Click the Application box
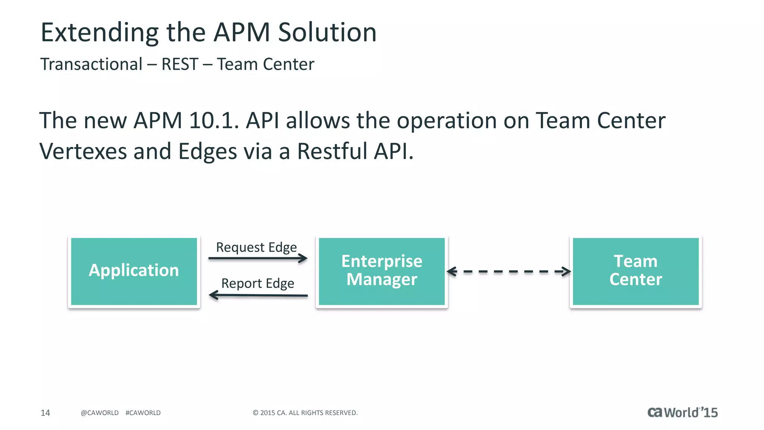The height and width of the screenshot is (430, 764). (x=134, y=271)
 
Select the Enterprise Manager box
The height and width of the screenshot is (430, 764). (x=382, y=271)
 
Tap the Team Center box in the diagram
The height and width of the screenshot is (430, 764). (x=636, y=271)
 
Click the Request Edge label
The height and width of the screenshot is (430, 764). (x=256, y=247)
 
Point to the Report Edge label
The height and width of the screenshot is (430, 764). (x=257, y=283)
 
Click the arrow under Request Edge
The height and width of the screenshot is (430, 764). (x=257, y=258)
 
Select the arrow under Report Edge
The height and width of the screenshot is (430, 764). (x=258, y=295)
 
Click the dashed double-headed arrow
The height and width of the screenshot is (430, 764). (x=508, y=271)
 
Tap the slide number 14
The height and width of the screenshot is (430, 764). (x=45, y=413)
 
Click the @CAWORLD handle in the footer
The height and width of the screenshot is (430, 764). (x=100, y=413)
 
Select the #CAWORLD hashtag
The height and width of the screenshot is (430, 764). (x=143, y=413)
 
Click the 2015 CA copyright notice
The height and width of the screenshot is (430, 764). (x=305, y=413)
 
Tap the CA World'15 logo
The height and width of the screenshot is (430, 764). (x=682, y=412)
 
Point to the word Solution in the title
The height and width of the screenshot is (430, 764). (x=327, y=32)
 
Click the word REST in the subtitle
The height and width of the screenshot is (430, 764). (x=179, y=64)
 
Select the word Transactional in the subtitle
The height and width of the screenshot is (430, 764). (x=91, y=64)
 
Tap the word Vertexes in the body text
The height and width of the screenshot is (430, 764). (x=83, y=151)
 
